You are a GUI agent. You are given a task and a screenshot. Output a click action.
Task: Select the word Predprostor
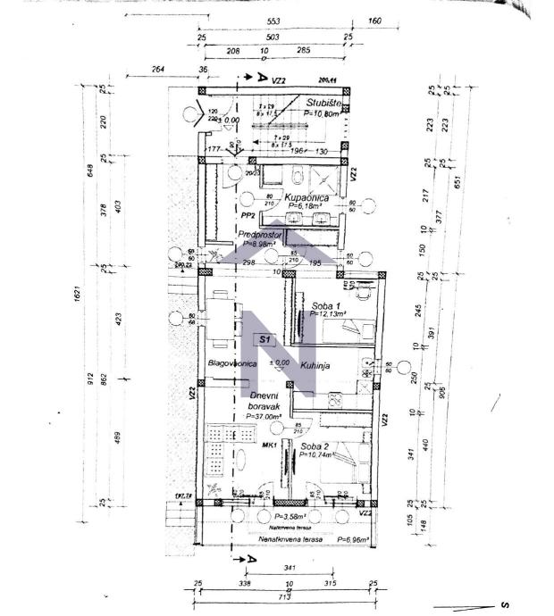[x=260, y=235]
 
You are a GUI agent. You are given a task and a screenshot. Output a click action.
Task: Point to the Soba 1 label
[x=325, y=305]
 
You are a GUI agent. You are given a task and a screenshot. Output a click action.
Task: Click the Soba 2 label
[x=316, y=445]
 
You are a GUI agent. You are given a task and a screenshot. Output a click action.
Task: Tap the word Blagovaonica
[x=232, y=364]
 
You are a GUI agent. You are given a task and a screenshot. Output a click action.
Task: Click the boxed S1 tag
[x=264, y=340]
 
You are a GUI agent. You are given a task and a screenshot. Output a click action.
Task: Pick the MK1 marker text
[x=267, y=444]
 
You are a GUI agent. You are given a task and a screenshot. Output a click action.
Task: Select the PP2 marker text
[x=248, y=215]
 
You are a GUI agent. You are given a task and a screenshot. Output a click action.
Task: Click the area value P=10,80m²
[x=323, y=114]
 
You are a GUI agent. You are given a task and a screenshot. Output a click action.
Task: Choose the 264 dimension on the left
[x=158, y=69]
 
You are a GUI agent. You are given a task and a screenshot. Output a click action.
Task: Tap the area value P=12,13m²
[x=327, y=314]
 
